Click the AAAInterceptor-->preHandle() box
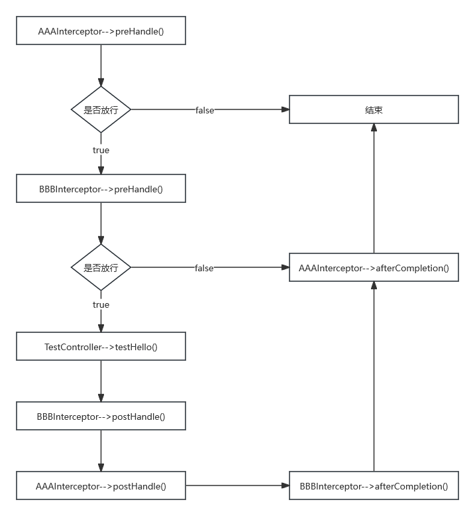click(101, 31)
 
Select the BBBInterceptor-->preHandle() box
click(101, 188)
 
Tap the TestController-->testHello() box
click(101, 346)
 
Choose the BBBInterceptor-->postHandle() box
click(101, 416)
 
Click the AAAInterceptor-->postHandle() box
click(101, 485)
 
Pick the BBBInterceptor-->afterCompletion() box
click(374, 485)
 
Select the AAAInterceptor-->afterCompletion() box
click(374, 267)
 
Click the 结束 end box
click(374, 109)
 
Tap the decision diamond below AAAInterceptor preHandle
click(101, 109)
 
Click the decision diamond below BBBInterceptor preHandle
click(101, 267)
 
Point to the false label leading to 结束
click(205, 110)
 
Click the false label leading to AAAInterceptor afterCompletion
click(204, 268)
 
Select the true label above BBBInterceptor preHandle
click(101, 150)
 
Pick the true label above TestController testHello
click(101, 304)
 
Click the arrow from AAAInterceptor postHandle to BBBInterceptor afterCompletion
click(237, 485)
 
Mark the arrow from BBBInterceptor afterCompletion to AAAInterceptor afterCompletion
click(374, 377)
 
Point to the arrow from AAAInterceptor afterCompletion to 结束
click(374, 188)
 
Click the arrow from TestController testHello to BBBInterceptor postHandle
click(101, 381)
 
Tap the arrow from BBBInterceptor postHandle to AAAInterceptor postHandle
click(101, 451)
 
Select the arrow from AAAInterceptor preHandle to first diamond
click(101, 66)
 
